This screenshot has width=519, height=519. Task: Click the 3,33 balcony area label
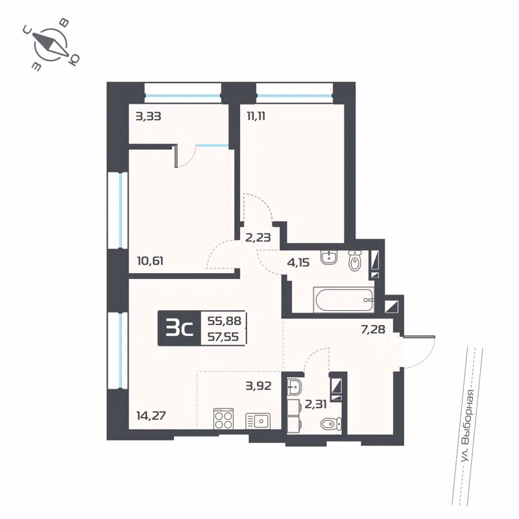tap(148, 117)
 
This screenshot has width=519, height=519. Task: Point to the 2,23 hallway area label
tap(258, 237)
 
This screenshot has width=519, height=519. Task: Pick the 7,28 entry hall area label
tap(373, 330)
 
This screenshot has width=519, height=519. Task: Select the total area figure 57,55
tap(223, 337)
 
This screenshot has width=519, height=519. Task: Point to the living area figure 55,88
tap(223, 320)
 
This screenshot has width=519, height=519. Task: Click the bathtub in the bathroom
tap(343, 300)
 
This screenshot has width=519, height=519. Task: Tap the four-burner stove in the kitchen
tap(224, 418)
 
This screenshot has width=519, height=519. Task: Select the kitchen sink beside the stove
tap(258, 421)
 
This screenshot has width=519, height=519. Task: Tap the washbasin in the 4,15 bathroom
tap(330, 257)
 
